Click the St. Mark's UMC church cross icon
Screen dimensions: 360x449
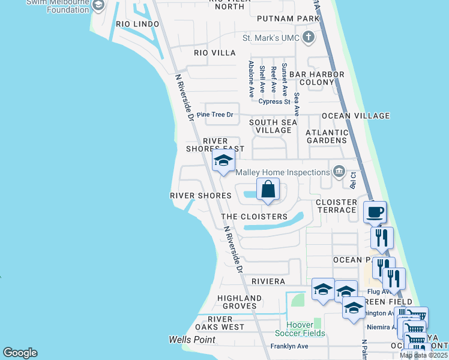point(309,38)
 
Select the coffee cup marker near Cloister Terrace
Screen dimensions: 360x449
point(375,212)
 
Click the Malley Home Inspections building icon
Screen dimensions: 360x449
point(340,172)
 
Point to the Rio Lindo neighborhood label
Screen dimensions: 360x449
point(138,24)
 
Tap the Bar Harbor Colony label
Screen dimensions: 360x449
point(317,78)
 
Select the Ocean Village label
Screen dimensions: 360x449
point(356,116)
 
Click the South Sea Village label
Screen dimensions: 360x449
point(273,126)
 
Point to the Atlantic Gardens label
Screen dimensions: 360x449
point(327,136)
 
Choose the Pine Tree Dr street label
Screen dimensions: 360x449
point(214,114)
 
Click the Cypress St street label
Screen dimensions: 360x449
point(274,101)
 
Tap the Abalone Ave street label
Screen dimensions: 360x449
point(252,79)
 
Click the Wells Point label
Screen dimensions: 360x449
point(192,340)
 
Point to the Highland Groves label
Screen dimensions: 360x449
point(240,302)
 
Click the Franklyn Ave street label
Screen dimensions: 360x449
point(289,346)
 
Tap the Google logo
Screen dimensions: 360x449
point(20,353)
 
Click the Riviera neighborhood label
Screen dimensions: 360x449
point(268,281)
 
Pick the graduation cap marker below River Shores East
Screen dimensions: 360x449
point(223,161)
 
